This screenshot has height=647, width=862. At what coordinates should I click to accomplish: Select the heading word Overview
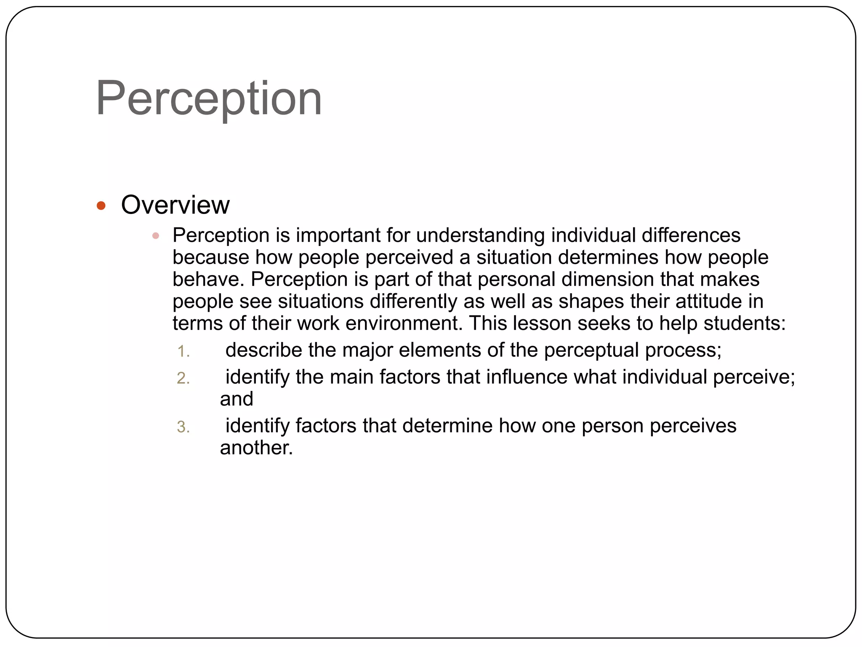pyautogui.click(x=175, y=205)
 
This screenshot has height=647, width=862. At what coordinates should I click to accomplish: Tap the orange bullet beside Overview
pyautogui.click(x=101, y=206)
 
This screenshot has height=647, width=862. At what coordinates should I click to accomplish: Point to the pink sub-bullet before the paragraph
pyautogui.click(x=156, y=236)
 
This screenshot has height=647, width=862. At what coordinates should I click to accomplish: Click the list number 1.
pyautogui.click(x=183, y=351)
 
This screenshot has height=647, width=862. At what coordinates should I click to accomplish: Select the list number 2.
pyautogui.click(x=183, y=378)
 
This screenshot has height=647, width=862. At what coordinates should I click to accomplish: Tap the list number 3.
pyautogui.click(x=183, y=427)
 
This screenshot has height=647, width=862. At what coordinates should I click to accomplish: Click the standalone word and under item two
pyautogui.click(x=237, y=399)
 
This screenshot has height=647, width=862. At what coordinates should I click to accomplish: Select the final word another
pyautogui.click(x=256, y=448)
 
